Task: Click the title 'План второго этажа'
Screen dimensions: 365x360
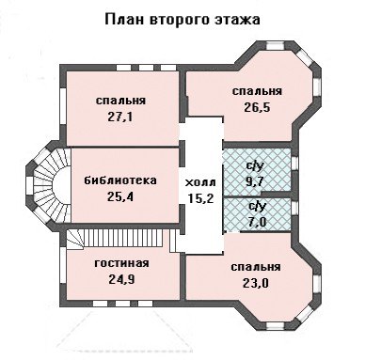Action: coord(182,19)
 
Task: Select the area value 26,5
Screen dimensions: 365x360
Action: coord(257,107)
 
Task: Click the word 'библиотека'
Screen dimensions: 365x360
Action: coord(120,180)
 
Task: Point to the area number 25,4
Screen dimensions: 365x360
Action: coord(120,196)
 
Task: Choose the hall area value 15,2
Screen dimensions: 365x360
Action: coord(200,198)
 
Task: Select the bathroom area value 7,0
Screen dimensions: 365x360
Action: coord(256,222)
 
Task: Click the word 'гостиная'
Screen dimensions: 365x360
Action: coord(121,263)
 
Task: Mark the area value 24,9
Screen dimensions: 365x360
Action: coord(122,279)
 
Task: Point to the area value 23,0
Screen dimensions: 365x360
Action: coord(256,283)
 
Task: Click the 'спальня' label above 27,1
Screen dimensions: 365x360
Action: coord(120,101)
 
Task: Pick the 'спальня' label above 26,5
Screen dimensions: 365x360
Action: coord(257,91)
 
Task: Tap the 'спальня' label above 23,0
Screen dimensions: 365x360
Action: coord(256,267)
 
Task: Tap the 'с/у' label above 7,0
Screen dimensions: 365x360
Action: coord(257,207)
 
